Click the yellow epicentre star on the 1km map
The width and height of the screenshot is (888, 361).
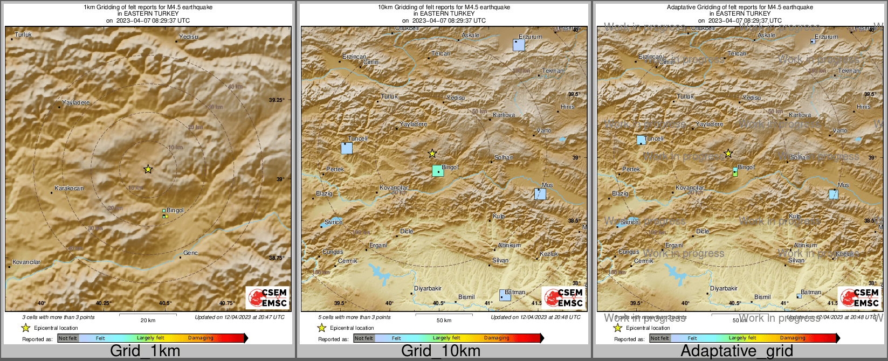coord(148,169)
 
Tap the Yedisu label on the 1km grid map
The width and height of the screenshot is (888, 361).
coord(189,37)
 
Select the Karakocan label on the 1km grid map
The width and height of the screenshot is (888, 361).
coord(69,189)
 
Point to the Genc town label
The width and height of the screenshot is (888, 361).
coord(190,253)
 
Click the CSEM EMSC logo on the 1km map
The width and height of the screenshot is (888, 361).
coord(267,297)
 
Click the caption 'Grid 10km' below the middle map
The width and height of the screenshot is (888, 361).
coord(440,351)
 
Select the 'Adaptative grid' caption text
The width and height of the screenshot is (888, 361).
coord(736,351)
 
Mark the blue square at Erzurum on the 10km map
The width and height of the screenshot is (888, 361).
coord(519,45)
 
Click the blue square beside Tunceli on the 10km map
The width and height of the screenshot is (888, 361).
coord(347,148)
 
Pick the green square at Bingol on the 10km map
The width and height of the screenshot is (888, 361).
coord(438,171)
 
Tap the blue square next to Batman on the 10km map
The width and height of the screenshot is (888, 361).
coord(505,295)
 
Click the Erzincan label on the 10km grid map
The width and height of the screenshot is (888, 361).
coord(354,57)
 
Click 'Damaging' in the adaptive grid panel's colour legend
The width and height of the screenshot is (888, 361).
coord(793,338)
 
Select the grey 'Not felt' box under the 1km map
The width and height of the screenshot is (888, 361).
coord(68,338)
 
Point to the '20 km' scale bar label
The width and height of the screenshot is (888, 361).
coord(148,321)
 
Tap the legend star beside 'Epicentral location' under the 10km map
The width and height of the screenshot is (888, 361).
coord(322,328)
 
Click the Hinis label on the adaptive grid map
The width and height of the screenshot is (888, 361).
coord(863,107)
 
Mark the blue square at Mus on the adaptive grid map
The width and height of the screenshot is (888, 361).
coord(834,194)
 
